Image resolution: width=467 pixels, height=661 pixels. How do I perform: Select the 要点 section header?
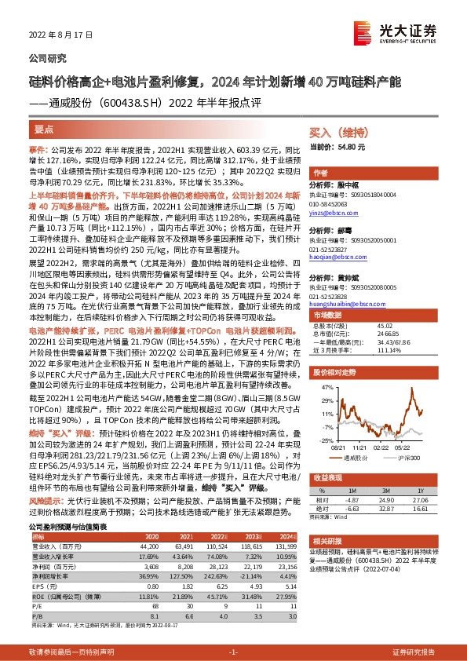pos(44,128)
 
